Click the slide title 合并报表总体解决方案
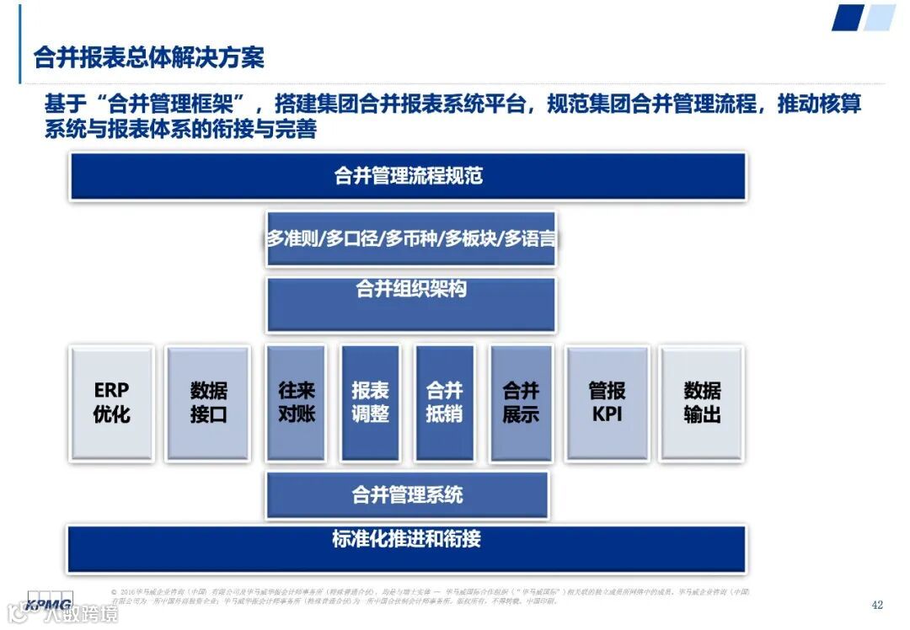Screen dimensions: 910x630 click(148, 57)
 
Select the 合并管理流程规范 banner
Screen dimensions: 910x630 click(408, 176)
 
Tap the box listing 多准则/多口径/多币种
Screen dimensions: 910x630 click(411, 239)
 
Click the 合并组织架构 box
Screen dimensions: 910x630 click(411, 304)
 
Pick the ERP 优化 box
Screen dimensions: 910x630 click(112, 403)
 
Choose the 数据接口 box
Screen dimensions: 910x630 click(208, 403)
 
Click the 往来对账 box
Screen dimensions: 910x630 click(297, 403)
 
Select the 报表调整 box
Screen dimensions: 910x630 click(370, 403)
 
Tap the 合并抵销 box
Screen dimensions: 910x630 click(444, 403)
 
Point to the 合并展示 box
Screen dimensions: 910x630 click(521, 403)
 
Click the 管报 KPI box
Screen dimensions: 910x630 click(607, 403)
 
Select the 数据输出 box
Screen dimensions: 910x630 click(702, 403)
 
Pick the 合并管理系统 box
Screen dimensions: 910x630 click(407, 494)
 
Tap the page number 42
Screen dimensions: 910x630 click(877, 606)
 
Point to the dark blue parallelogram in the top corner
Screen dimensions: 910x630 click(847, 18)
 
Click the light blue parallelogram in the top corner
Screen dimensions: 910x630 click(880, 18)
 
